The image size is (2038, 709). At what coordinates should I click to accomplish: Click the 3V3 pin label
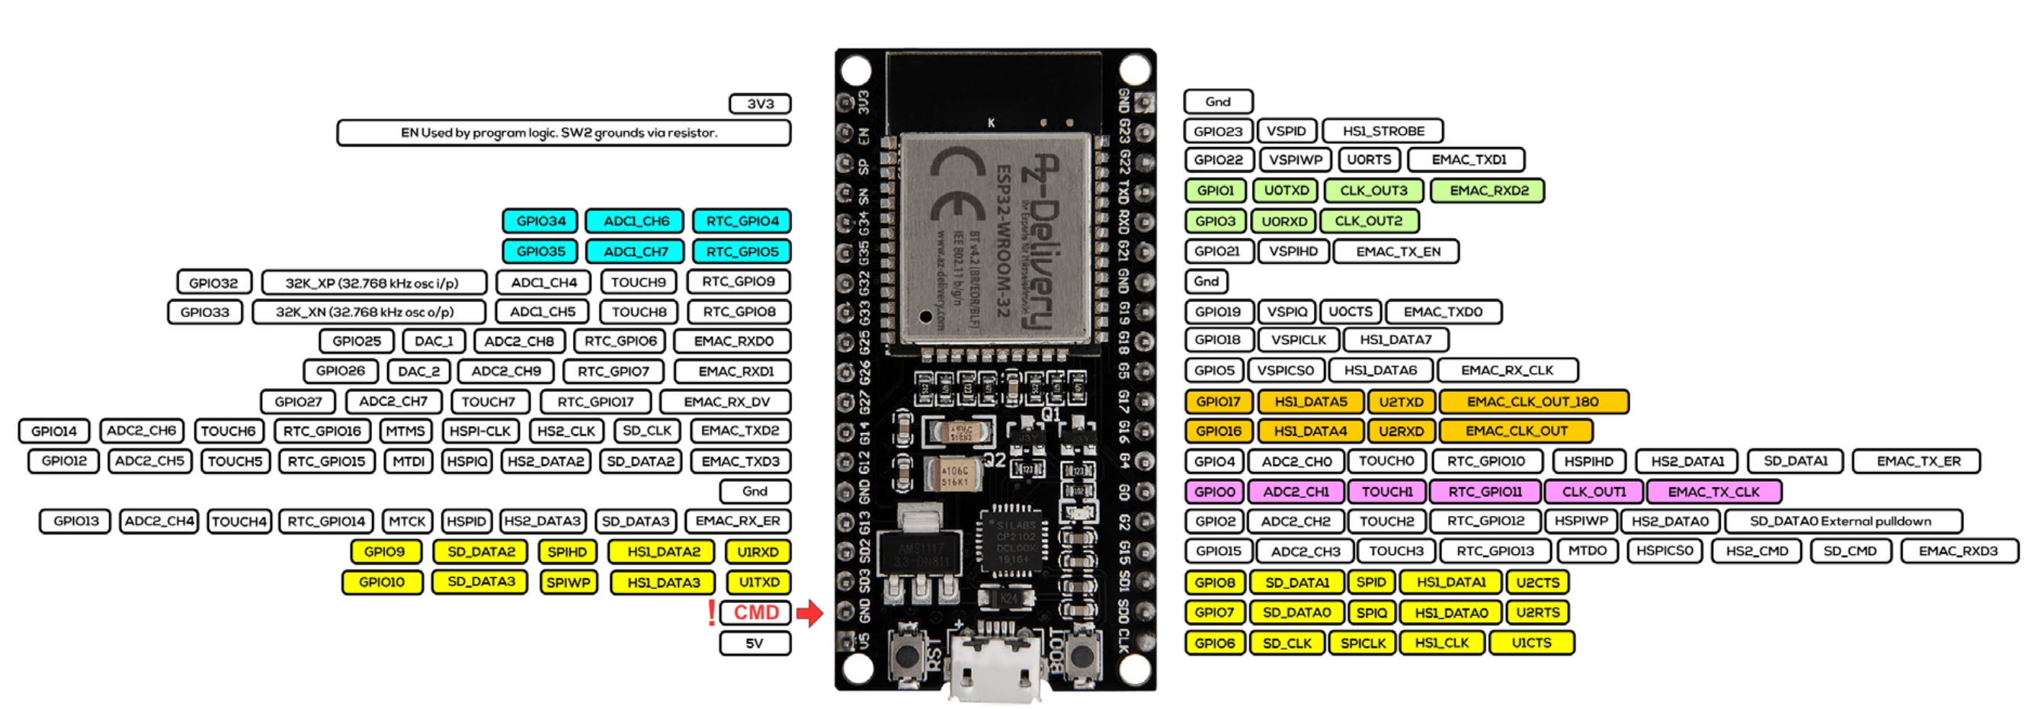click(760, 104)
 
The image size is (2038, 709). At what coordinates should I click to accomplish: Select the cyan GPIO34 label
click(540, 221)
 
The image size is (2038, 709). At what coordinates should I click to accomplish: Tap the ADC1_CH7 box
click(636, 252)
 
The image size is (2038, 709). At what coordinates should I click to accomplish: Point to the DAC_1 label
click(434, 341)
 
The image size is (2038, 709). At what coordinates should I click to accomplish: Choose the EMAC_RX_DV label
click(726, 402)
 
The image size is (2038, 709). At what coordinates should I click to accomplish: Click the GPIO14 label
click(54, 431)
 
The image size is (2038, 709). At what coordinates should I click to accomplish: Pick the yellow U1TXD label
click(758, 582)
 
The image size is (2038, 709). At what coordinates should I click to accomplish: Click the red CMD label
click(755, 612)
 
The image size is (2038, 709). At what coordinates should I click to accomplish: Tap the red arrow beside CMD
click(810, 612)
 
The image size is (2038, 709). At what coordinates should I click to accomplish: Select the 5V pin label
click(754, 643)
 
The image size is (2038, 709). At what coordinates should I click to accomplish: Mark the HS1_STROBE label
click(1383, 131)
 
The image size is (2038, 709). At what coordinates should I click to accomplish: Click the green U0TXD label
click(1286, 191)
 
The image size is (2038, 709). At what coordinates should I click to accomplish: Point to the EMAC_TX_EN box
click(1397, 252)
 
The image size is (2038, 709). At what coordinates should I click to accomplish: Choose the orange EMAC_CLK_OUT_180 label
click(1533, 402)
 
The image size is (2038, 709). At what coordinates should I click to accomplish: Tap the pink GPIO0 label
click(1214, 492)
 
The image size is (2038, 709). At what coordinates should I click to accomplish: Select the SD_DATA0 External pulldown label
click(1843, 521)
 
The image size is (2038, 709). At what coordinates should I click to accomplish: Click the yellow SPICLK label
click(1363, 643)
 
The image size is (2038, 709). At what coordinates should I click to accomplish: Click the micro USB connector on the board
click(995, 665)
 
